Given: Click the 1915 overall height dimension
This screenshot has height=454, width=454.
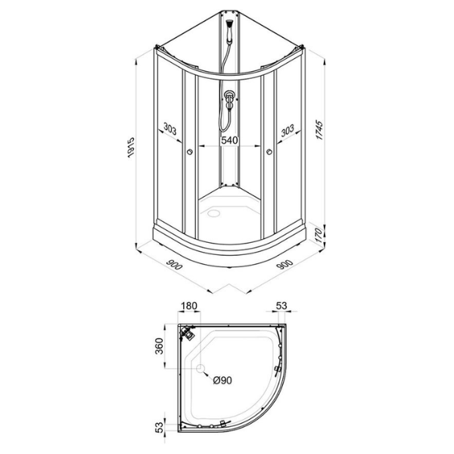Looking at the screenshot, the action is pyautogui.click(x=131, y=148).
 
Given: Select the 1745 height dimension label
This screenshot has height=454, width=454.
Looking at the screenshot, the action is pyautogui.click(x=319, y=129).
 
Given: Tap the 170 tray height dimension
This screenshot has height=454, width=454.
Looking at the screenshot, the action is pyautogui.click(x=319, y=235).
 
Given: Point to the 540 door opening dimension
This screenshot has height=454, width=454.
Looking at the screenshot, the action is pyautogui.click(x=229, y=140).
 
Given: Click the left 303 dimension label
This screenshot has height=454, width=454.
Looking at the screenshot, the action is pyautogui.click(x=169, y=129).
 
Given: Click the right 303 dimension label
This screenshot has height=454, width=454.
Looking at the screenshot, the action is pyautogui.click(x=288, y=131).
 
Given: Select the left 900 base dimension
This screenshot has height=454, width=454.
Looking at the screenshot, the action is pyautogui.click(x=174, y=263).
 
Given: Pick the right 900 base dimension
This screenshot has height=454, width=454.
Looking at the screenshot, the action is pyautogui.click(x=285, y=264).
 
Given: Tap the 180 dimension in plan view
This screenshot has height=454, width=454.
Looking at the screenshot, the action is pyautogui.click(x=188, y=306).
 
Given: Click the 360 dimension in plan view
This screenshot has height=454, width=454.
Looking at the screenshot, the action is pyautogui.click(x=159, y=346).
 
